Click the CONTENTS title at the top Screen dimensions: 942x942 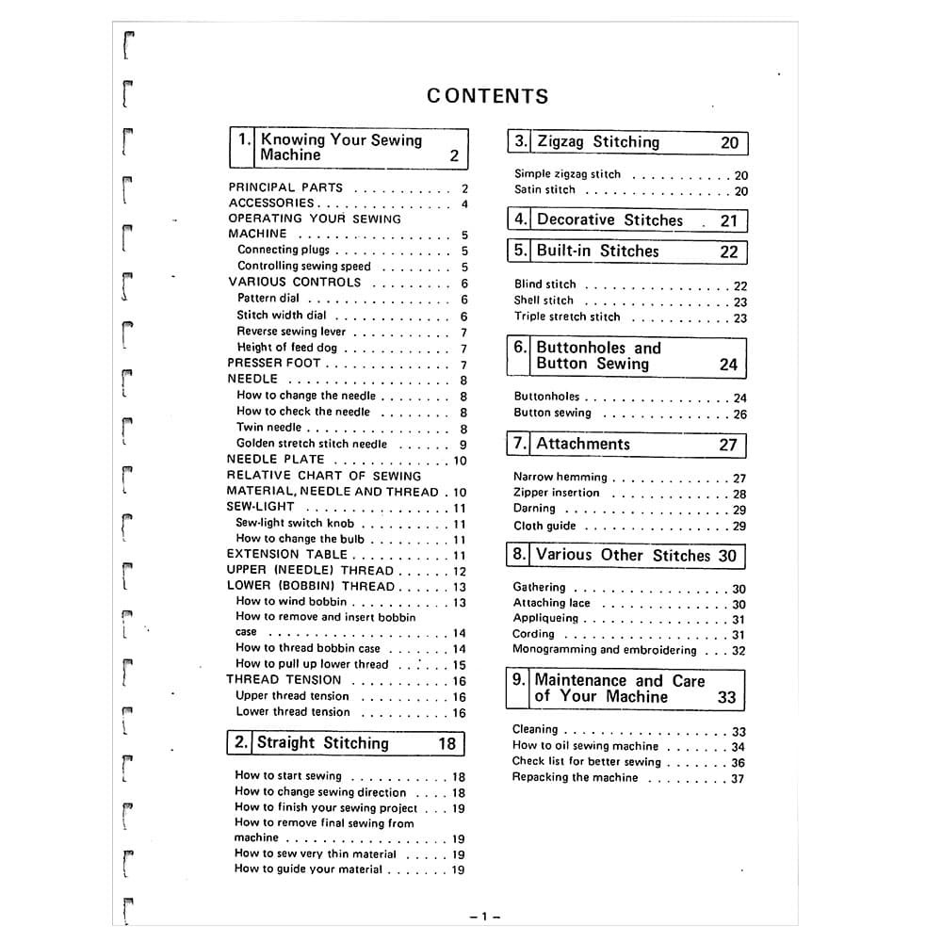487,96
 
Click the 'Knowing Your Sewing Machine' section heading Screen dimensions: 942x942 341,148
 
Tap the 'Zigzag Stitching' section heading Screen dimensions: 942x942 598,142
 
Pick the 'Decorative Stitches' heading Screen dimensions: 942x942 609,220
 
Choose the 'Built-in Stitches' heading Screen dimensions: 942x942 597,252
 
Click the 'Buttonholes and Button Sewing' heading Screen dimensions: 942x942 598,356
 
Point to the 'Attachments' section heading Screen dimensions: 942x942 583,445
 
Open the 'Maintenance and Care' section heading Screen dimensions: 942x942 619,689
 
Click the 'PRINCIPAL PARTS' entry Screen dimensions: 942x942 285,187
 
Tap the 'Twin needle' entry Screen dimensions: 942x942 269,428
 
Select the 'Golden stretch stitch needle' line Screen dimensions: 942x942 312,444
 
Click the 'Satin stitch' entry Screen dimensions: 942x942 544,190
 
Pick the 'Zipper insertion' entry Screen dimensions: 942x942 557,493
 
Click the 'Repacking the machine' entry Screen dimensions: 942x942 575,778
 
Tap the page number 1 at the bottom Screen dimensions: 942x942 483,917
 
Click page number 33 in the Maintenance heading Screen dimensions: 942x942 726,698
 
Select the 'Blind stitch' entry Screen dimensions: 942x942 545,284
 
